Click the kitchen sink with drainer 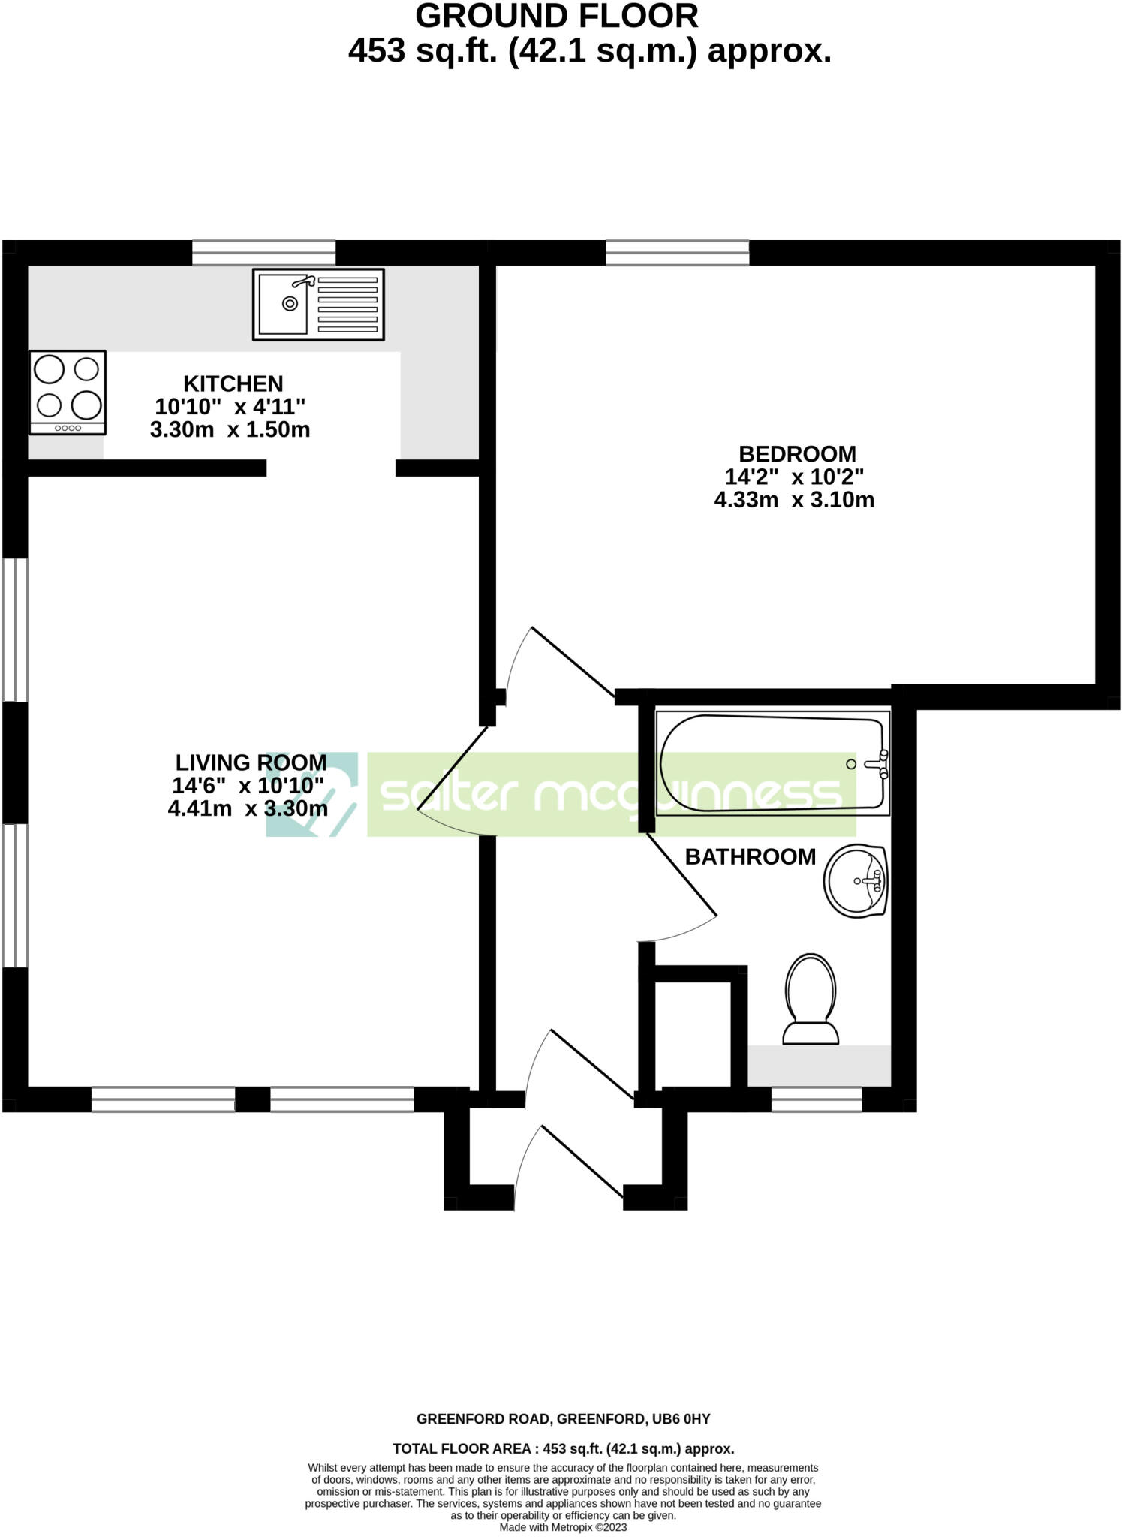click(318, 304)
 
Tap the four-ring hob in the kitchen click(68, 392)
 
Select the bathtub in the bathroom click(772, 763)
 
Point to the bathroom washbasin click(856, 881)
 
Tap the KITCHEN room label click(233, 383)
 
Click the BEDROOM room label click(797, 454)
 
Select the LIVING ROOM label click(251, 762)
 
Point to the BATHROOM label click(751, 856)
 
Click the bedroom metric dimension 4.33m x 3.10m click(794, 500)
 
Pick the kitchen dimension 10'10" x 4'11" click(230, 407)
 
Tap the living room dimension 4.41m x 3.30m click(248, 808)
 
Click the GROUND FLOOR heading click(557, 17)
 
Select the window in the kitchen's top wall click(263, 253)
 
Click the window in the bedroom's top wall click(677, 253)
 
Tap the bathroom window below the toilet click(817, 1099)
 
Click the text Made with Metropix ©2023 click(563, 1527)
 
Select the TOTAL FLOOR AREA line click(563, 1448)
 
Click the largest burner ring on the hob click(86, 405)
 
